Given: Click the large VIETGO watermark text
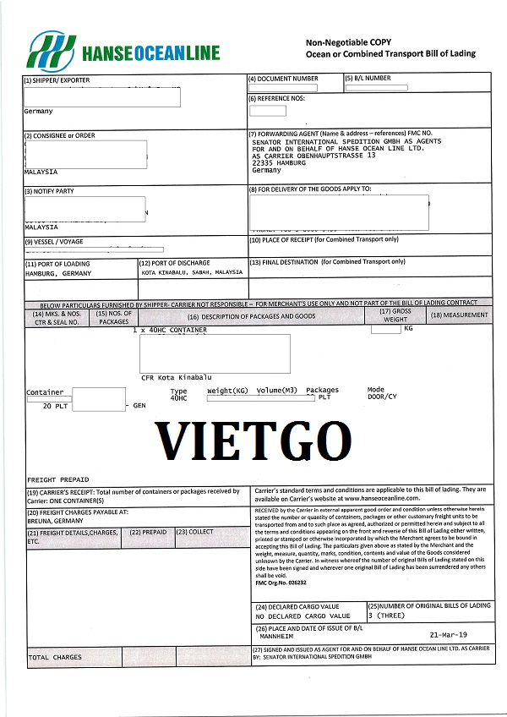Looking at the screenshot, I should click(253, 441).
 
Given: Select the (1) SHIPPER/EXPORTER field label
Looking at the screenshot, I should click(57, 80).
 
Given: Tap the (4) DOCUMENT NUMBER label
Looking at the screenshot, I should click(283, 79).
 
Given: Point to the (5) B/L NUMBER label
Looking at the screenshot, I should click(368, 79).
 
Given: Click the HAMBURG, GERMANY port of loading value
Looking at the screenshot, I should click(57, 273).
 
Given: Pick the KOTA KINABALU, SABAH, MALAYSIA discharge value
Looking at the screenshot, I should click(192, 273).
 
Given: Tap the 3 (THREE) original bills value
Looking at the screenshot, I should click(387, 616).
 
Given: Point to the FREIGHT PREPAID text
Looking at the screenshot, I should click(57, 479).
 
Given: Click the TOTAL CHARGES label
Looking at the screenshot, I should click(55, 657).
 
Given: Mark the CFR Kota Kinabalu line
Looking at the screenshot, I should click(177, 376).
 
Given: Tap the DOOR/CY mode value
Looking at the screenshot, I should click(382, 397).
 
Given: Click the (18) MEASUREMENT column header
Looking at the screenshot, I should click(459, 315).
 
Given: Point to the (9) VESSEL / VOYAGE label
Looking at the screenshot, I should click(54, 242).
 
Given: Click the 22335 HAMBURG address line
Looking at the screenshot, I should click(283, 162).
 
